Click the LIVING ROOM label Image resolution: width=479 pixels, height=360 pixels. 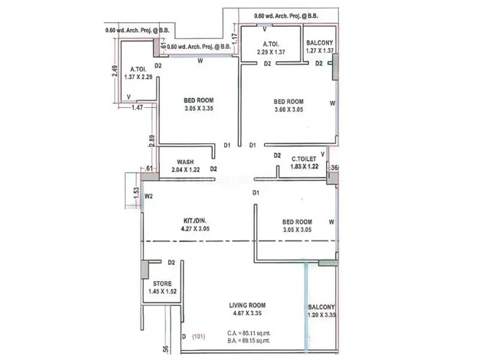pyautogui.click(x=247, y=306)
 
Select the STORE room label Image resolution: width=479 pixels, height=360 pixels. pyautogui.click(x=162, y=283)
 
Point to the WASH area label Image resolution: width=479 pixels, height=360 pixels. pyautogui.click(x=185, y=162)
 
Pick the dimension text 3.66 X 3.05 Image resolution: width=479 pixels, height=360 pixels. pyautogui.click(x=289, y=110)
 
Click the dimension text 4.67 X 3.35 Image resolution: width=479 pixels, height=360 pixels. pyautogui.click(x=247, y=314)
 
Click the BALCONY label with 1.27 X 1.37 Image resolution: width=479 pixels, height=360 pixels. pyautogui.click(x=319, y=44)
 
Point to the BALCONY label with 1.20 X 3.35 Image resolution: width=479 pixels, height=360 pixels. pyautogui.click(x=322, y=307)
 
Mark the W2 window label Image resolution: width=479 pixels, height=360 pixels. pyautogui.click(x=150, y=195)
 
